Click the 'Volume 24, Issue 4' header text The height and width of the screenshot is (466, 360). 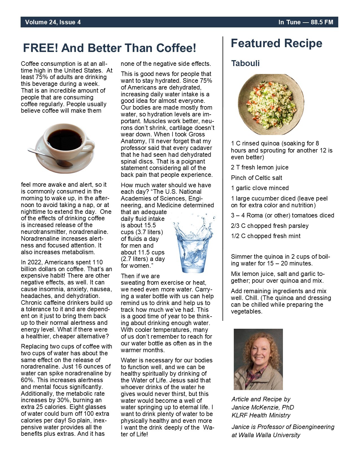pos(53,22)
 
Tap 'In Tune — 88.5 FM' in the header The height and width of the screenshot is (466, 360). pos(306,22)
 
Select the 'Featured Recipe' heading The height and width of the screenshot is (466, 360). pos(276,43)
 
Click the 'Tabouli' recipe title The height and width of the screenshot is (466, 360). pos(245,63)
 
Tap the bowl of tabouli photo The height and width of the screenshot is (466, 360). pos(271,104)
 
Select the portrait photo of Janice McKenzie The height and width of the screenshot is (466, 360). pos(258,359)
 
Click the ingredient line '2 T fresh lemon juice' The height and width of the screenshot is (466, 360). pos(259,167)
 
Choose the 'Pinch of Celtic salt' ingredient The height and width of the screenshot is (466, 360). pos(256,178)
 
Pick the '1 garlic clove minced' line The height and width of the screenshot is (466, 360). pos(260,188)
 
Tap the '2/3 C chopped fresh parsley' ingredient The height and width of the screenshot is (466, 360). pos(270,226)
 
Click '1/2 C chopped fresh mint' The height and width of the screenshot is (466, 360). pos(266,236)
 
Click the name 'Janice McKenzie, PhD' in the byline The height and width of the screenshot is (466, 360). pos(263,407)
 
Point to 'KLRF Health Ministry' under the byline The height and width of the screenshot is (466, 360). pos(261,415)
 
